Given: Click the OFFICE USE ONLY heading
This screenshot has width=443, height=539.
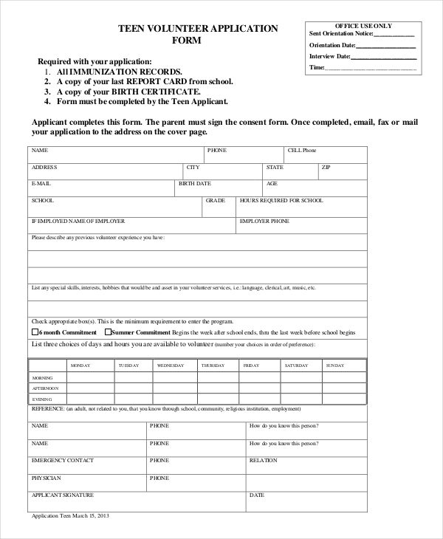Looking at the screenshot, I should click(363, 26).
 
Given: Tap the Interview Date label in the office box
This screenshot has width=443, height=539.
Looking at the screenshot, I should click(330, 56).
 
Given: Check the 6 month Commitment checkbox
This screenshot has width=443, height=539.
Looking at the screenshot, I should click(35, 332).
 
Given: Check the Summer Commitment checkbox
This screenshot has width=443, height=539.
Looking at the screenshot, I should click(107, 332).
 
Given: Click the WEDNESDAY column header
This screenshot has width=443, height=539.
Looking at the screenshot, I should click(171, 365).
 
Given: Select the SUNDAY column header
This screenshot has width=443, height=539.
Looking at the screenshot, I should click(335, 365).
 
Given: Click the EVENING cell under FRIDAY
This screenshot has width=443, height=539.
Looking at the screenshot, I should click(261, 399).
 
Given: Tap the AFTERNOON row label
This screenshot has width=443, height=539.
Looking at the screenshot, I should click(45, 388).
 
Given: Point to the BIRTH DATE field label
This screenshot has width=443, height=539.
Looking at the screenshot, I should click(195, 183).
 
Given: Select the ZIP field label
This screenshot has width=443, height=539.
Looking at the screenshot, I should click(326, 168).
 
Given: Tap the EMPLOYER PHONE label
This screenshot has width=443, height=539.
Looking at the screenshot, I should click(264, 221).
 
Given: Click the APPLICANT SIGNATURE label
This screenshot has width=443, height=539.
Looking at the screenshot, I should click(62, 495).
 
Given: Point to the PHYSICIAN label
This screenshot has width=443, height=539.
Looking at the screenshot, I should click(46, 478).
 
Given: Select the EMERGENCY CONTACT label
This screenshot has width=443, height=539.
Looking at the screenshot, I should click(62, 461).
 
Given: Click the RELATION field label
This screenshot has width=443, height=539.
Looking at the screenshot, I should click(263, 461).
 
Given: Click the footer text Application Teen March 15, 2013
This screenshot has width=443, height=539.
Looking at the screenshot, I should click(70, 515).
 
